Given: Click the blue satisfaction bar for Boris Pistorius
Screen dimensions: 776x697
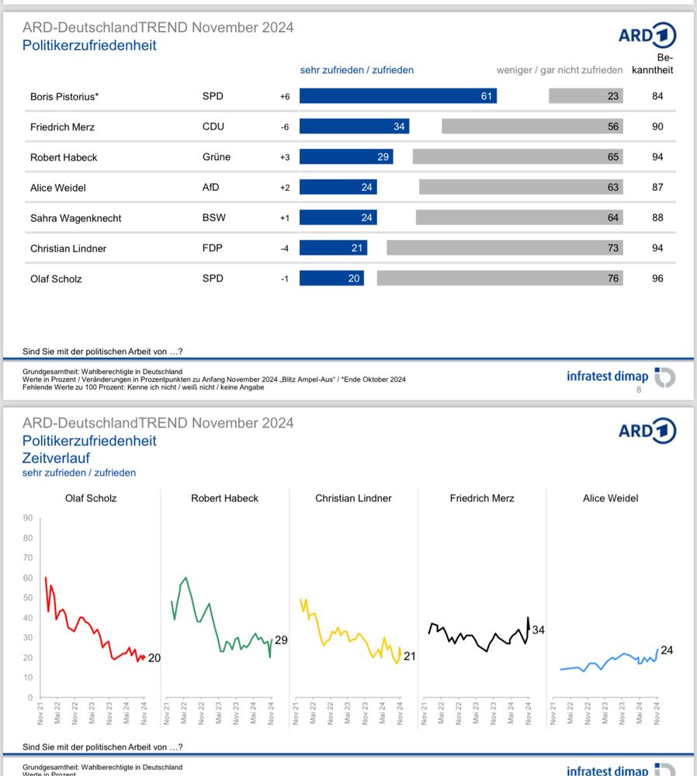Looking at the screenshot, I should click(397, 96).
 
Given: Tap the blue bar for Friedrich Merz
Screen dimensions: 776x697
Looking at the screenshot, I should click(354, 126).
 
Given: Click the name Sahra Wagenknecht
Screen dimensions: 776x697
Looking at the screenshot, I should click(75, 218).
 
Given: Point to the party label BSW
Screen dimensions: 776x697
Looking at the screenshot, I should click(213, 217).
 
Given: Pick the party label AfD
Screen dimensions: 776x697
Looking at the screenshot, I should click(213, 187).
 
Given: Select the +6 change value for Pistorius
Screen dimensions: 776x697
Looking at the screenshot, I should click(284, 96).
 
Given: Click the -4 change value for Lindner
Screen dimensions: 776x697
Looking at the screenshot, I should click(284, 248).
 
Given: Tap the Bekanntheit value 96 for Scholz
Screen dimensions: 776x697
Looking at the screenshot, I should click(657, 278).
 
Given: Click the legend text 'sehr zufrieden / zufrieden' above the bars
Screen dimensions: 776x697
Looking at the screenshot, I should click(357, 70).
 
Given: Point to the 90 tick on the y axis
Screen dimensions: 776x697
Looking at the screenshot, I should click(28, 518).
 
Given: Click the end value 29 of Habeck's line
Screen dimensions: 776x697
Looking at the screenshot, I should click(282, 640).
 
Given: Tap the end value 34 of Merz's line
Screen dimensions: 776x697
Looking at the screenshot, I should click(539, 630).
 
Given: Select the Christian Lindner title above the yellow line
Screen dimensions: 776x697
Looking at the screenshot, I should click(353, 498).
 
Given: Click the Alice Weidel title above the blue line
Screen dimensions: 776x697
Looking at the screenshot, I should click(610, 498).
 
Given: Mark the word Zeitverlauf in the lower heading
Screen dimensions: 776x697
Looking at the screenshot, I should click(56, 458).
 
